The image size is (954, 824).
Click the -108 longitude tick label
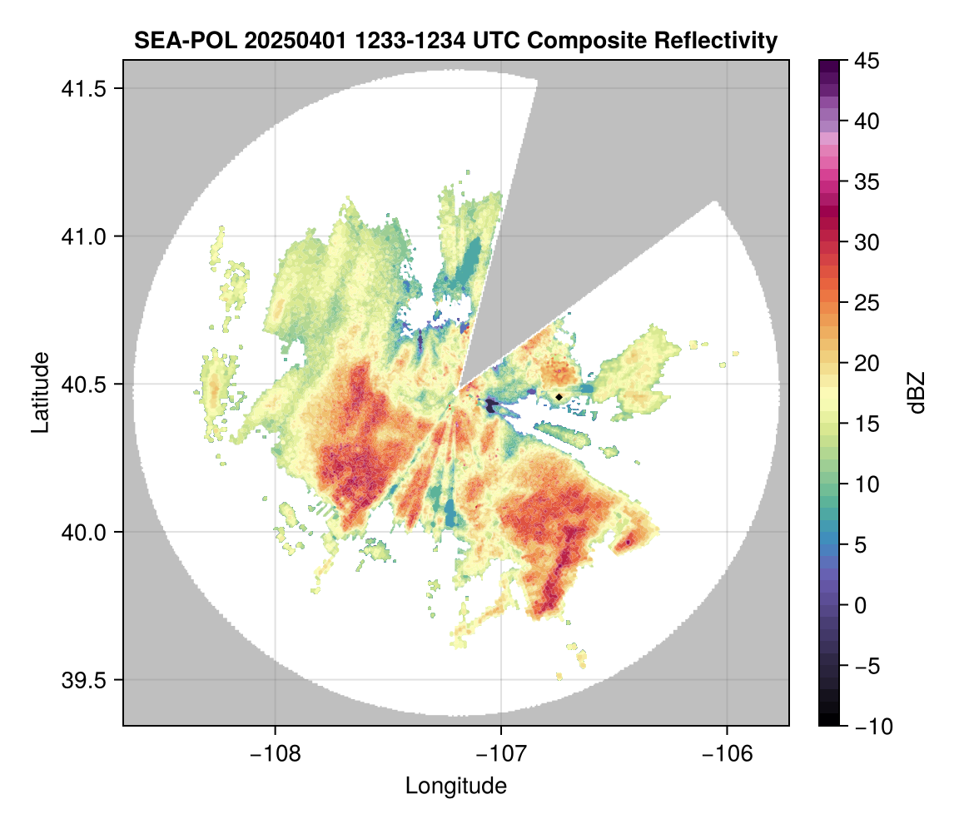pyautogui.click(x=274, y=753)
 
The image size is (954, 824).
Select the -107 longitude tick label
pyautogui.click(x=501, y=753)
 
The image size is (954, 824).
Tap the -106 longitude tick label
pyautogui.click(x=728, y=753)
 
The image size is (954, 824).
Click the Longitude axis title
pyautogui.click(x=456, y=785)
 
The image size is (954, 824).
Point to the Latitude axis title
pyautogui.click(x=39, y=392)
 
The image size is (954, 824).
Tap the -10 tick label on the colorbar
pyautogui.click(x=872, y=727)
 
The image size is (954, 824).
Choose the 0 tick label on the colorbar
pyautogui.click(x=862, y=605)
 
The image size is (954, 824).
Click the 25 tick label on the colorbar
pyautogui.click(x=867, y=303)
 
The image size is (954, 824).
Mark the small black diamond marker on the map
pyautogui.click(x=559, y=396)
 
